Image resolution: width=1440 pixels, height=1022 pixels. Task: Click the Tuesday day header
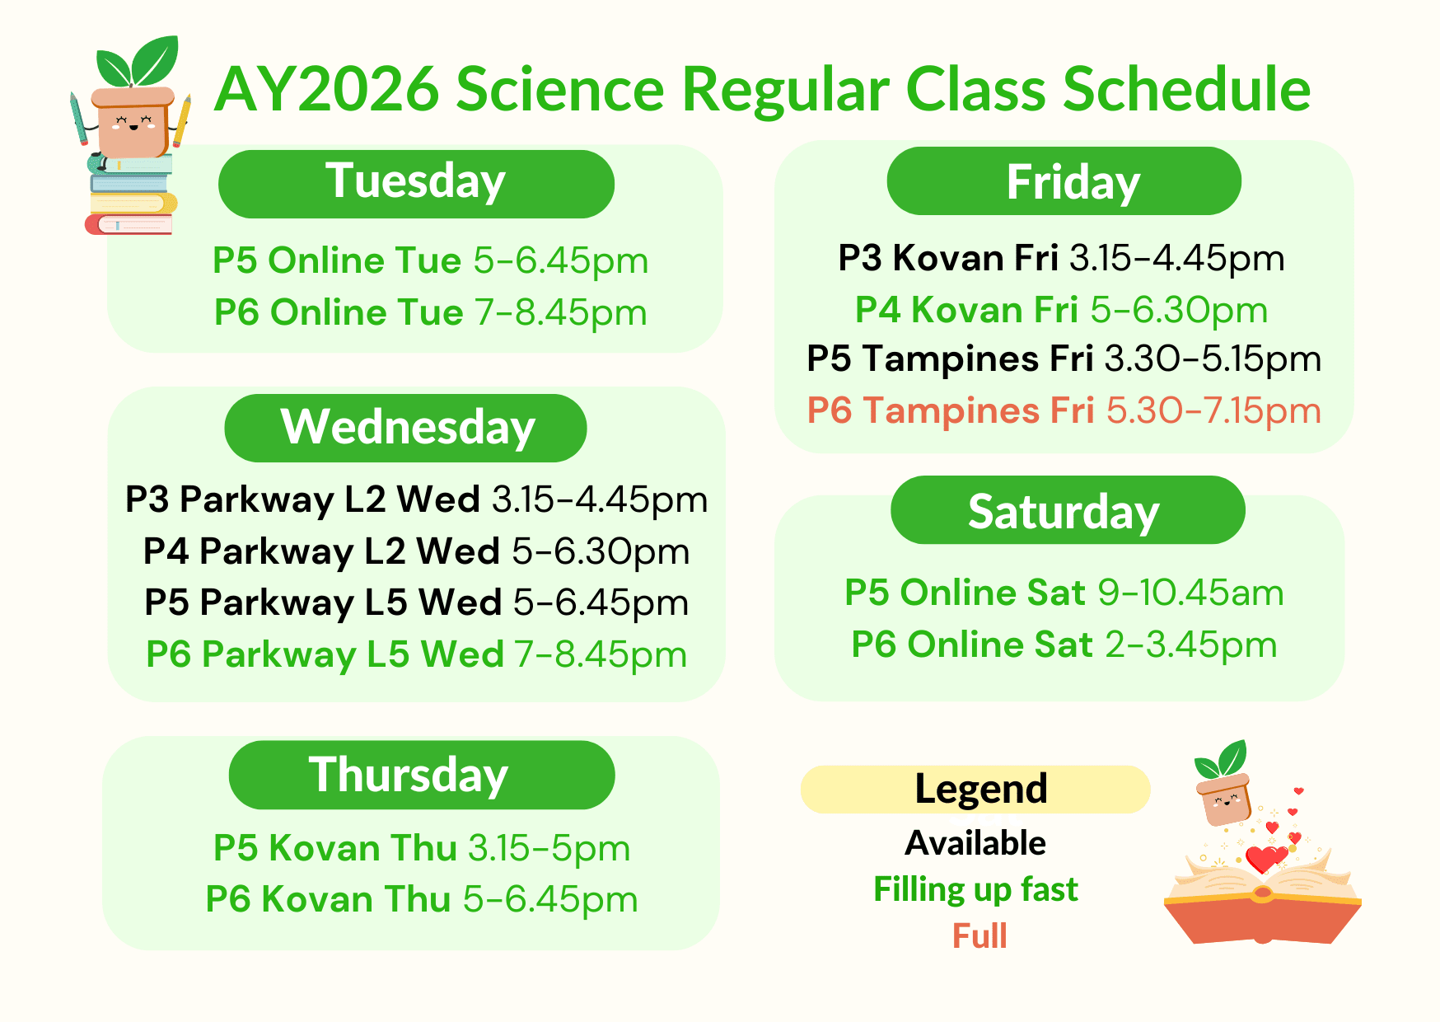416,184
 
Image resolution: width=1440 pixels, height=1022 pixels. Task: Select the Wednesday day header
405,428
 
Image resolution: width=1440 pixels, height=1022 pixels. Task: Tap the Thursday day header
422,775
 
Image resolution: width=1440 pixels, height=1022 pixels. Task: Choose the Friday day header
1064,181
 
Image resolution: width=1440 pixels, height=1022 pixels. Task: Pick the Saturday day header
1068,510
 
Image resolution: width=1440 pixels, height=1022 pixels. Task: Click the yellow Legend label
975,790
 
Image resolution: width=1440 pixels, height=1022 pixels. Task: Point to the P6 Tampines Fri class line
1064,410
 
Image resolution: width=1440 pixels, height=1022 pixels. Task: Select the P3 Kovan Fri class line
1061,258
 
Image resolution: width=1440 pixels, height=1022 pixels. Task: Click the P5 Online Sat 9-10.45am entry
1064,593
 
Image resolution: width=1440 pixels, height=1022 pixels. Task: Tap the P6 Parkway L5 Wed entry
417,655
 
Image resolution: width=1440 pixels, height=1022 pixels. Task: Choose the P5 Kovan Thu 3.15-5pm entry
422,848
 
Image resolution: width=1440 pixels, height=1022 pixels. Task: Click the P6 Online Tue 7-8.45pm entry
431,313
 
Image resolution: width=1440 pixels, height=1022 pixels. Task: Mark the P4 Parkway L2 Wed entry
417,551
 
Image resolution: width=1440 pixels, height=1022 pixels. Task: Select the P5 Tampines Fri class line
1064,359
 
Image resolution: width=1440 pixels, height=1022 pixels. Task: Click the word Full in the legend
979,936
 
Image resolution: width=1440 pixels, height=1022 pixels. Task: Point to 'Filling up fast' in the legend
975,890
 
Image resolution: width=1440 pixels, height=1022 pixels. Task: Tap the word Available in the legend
975,843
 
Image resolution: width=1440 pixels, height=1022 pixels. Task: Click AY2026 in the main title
327,89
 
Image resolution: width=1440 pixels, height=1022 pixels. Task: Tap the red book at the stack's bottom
129,224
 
